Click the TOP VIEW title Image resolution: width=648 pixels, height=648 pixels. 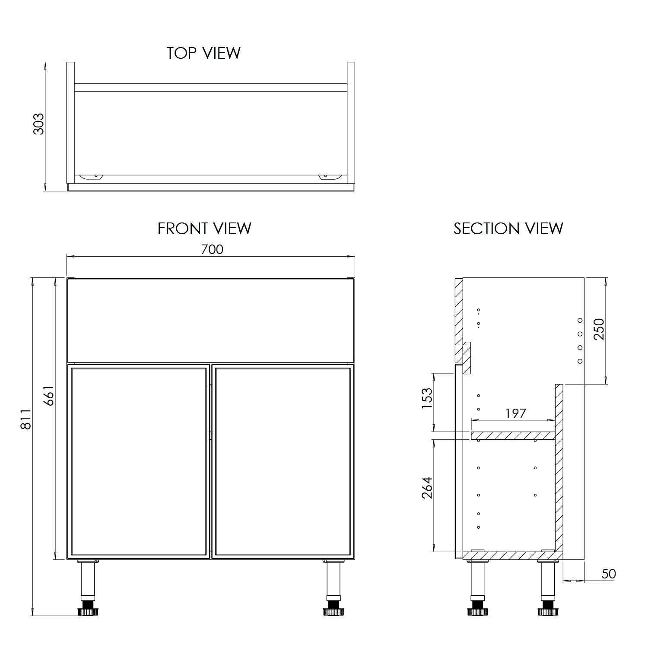pyautogui.click(x=203, y=53)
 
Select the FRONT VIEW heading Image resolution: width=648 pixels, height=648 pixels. pyautogui.click(x=204, y=228)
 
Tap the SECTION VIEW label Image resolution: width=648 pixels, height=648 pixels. pyautogui.click(x=508, y=228)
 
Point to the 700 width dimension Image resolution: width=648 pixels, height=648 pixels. pyautogui.click(x=212, y=249)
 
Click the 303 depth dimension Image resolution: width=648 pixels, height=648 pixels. pyautogui.click(x=39, y=124)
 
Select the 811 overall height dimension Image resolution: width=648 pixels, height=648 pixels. pyautogui.click(x=26, y=419)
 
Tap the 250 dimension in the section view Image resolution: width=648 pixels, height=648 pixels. pyautogui.click(x=599, y=329)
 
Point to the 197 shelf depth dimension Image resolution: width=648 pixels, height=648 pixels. pyautogui.click(x=516, y=413)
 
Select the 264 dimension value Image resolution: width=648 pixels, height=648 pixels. pyautogui.click(x=427, y=488)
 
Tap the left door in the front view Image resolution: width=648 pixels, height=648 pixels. pyautogui.click(x=138, y=461)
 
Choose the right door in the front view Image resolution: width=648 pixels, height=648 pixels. pyautogui.click(x=282, y=461)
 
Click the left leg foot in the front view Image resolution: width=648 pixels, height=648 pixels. pyautogui.click(x=88, y=611)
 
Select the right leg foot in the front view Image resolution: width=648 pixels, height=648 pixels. pyautogui.click(x=332, y=611)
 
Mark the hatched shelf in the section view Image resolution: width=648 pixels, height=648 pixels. pyautogui.click(x=513, y=435)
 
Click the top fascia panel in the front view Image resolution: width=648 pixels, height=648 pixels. pyautogui.click(x=210, y=320)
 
